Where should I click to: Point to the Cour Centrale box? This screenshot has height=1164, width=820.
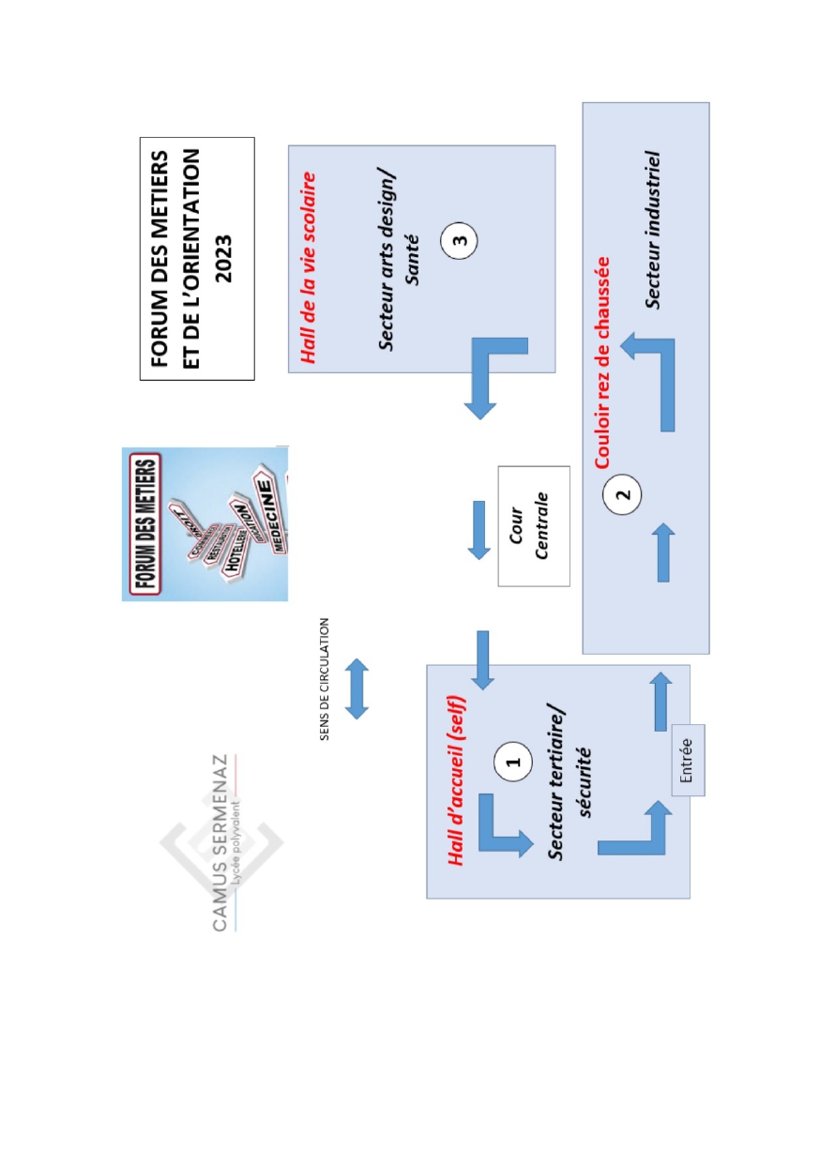pyautogui.click(x=534, y=525)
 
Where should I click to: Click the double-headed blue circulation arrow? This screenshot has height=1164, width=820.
pyautogui.click(x=357, y=688)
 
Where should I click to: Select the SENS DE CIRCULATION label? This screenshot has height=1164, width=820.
pyautogui.click(x=325, y=678)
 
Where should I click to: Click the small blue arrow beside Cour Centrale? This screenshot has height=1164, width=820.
pyautogui.click(x=478, y=530)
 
